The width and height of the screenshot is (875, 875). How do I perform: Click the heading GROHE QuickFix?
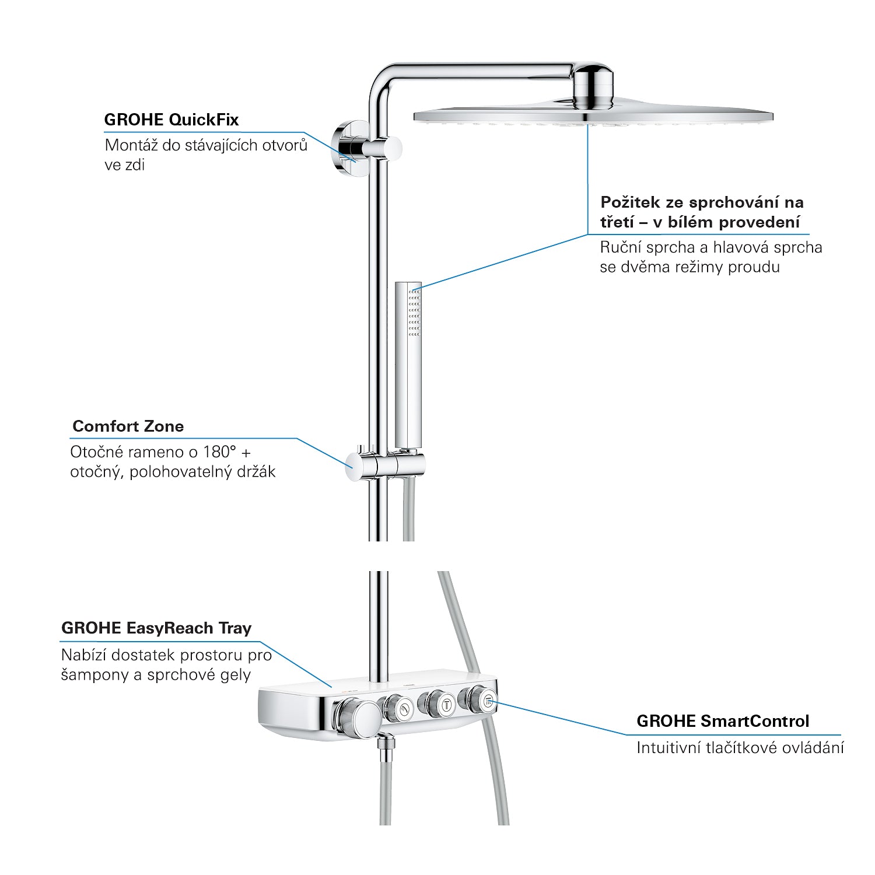pyautogui.click(x=171, y=120)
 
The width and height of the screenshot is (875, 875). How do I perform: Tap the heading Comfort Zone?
pyautogui.click(x=128, y=426)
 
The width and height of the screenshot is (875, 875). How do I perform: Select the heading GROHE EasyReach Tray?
pyautogui.click(x=156, y=628)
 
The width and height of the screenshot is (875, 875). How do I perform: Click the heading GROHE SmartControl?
pyautogui.click(x=723, y=722)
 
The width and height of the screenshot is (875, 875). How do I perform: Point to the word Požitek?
pyautogui.click(x=631, y=202)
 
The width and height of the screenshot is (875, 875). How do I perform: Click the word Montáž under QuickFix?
pyautogui.click(x=131, y=145)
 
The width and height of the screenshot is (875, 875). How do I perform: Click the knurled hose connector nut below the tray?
pyautogui.click(x=386, y=748)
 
